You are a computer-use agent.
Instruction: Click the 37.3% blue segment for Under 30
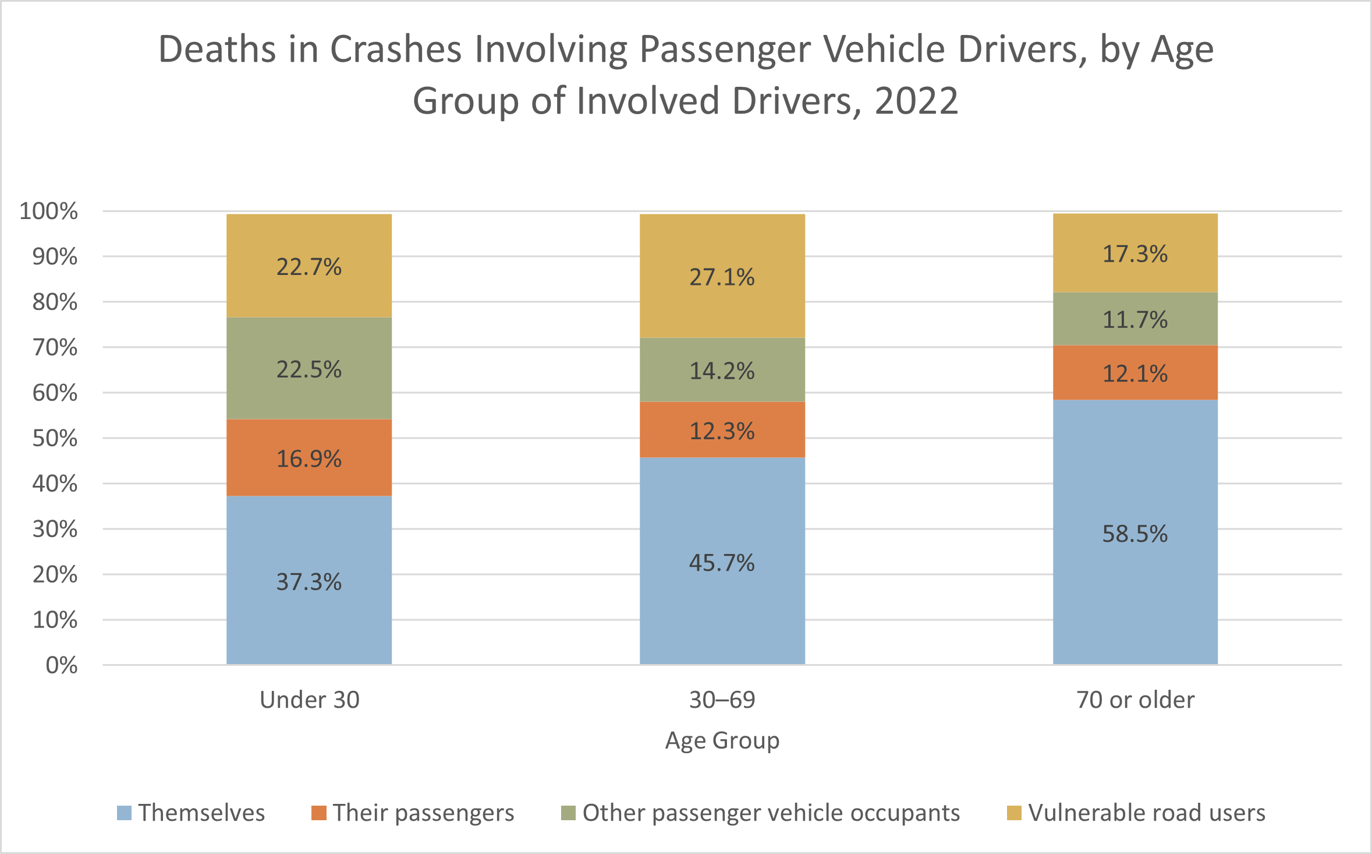pyautogui.click(x=309, y=580)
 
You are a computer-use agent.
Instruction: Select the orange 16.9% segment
pyautogui.click(x=309, y=457)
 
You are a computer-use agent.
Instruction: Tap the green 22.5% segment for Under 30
pyautogui.click(x=309, y=368)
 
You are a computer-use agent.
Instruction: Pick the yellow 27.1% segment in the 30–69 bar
pyautogui.click(x=722, y=276)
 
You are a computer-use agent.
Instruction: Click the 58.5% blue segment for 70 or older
pyautogui.click(x=1135, y=532)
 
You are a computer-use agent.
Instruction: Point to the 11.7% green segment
pyautogui.click(x=1135, y=319)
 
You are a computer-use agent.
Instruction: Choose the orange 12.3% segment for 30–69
pyautogui.click(x=722, y=429)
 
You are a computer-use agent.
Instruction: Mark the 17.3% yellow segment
pyautogui.click(x=1135, y=253)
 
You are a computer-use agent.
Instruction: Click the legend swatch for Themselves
pyautogui.click(x=124, y=813)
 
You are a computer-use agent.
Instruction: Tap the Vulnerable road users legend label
pyautogui.click(x=1147, y=813)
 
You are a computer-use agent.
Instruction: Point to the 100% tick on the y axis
pyautogui.click(x=48, y=211)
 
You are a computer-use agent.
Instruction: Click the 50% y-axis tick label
pyautogui.click(x=55, y=438)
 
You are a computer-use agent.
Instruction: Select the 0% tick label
pyautogui.click(x=61, y=665)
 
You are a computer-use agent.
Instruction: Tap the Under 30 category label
pyautogui.click(x=309, y=700)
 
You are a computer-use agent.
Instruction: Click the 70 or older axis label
pyautogui.click(x=1135, y=700)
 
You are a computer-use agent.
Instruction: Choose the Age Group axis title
pyautogui.click(x=722, y=740)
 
